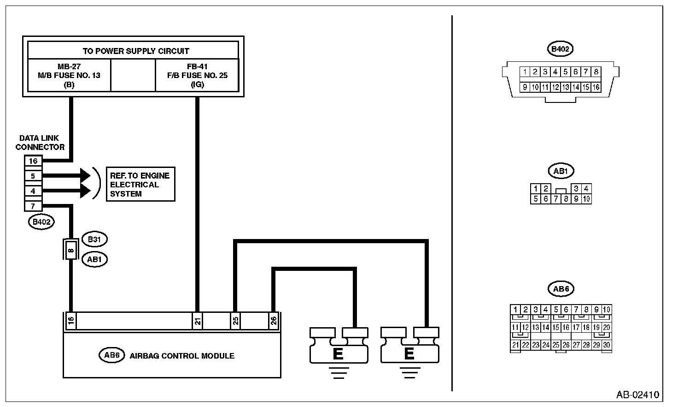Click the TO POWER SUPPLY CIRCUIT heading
[x=136, y=51]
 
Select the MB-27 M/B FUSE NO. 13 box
[x=69, y=75]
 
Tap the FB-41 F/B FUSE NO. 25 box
[x=197, y=75]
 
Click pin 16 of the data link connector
[x=33, y=161]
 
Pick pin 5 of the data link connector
[x=33, y=176]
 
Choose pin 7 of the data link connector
[x=33, y=206]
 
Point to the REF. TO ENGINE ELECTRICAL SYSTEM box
[x=140, y=185]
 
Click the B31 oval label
[x=94, y=239]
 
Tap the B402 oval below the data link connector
[x=41, y=222]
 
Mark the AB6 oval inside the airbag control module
[x=112, y=355]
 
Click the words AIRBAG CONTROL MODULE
[x=182, y=356]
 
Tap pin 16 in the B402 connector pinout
[x=596, y=87]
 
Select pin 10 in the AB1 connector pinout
[x=586, y=199]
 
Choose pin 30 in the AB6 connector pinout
[x=607, y=345]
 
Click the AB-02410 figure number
[x=637, y=395]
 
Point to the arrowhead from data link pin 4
[x=86, y=191]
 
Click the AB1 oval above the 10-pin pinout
[x=561, y=171]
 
